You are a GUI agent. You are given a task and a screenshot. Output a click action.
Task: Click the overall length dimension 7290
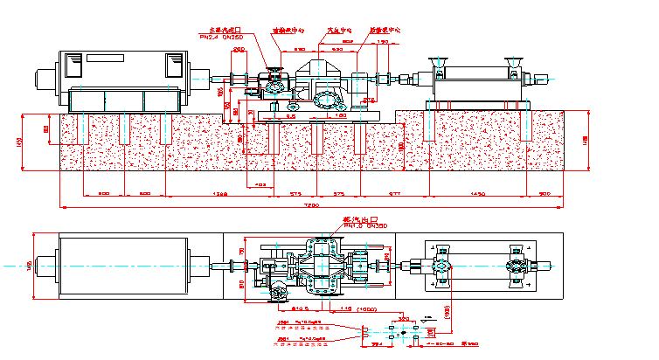pos(312,204)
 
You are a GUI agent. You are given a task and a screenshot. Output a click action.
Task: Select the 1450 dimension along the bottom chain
pos(477,192)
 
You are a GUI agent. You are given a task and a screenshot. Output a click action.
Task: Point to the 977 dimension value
pos(394,192)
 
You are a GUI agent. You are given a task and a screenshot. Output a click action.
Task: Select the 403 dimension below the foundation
pos(260,184)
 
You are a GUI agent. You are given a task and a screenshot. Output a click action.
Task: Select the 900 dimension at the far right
pos(545,192)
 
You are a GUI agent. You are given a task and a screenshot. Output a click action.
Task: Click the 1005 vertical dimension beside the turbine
pos(220,90)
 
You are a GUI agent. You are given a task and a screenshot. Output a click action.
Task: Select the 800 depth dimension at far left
pos(46,130)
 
